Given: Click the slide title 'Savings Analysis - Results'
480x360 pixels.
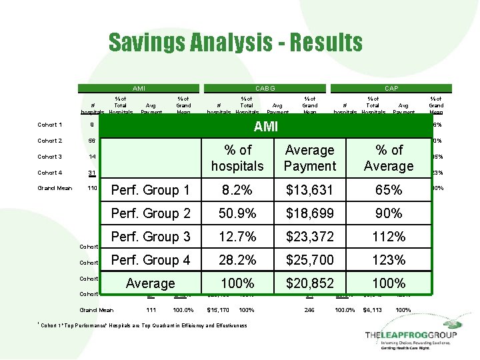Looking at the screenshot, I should click(235, 43).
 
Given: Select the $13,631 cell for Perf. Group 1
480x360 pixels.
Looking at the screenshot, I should click(309, 190).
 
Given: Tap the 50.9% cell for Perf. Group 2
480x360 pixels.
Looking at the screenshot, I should click(237, 213).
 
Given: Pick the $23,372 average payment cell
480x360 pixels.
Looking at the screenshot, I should click(309, 237).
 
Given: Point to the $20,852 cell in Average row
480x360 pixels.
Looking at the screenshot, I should click(309, 283).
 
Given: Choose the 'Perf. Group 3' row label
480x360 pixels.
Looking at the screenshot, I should click(150, 237).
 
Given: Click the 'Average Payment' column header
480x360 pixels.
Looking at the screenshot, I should click(309, 158).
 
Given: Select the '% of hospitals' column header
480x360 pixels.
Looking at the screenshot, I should click(237, 158).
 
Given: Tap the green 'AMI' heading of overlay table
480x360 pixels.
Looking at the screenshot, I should click(266, 127).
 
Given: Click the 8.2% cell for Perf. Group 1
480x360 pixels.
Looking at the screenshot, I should click(237, 190).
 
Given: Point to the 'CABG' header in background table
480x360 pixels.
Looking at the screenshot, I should click(265, 88).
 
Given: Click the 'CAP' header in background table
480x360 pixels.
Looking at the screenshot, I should click(391, 88).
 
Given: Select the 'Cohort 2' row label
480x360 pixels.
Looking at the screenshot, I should click(50, 141).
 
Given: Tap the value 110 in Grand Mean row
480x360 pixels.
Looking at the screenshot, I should click(91, 188).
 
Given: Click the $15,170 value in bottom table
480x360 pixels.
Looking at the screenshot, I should click(218, 310).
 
